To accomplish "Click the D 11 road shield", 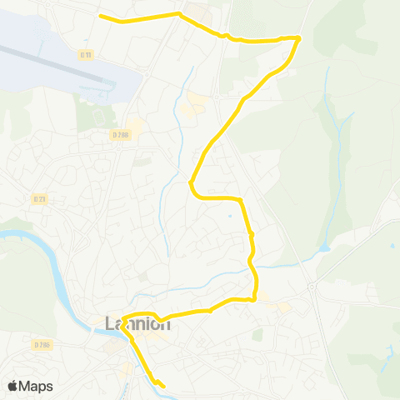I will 85,54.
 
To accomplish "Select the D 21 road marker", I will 38,198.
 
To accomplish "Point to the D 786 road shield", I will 42,343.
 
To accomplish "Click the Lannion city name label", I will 137,323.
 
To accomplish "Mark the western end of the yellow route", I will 100,17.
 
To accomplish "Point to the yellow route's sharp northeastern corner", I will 298,37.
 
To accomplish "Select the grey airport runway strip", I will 50,62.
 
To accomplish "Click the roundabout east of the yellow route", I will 312,287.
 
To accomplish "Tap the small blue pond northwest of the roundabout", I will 323,247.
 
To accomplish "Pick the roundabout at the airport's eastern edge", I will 147,73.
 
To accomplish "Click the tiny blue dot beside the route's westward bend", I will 229,217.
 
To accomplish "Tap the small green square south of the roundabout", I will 257,334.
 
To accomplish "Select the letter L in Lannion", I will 110,323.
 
